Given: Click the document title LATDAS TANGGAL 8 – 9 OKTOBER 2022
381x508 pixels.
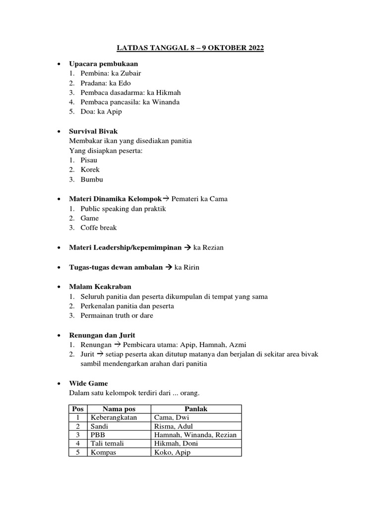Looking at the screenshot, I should click(x=190, y=48).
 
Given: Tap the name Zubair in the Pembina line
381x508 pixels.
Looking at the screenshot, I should click(x=136, y=73).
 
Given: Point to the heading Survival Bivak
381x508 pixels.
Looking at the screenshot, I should click(x=94, y=131).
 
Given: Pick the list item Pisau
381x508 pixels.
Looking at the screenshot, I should click(x=89, y=160).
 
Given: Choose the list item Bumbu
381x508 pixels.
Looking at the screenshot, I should click(x=92, y=179).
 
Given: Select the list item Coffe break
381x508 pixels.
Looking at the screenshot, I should click(x=99, y=228).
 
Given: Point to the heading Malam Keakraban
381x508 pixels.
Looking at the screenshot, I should click(x=101, y=287).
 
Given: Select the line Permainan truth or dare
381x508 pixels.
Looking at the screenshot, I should click(x=117, y=316).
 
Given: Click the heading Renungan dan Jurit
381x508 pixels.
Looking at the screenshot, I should click(x=102, y=335).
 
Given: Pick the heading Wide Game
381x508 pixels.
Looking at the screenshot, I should click(x=88, y=383).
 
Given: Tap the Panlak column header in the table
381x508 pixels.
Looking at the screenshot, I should click(x=196, y=409).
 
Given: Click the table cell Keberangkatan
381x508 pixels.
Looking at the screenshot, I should click(x=113, y=418).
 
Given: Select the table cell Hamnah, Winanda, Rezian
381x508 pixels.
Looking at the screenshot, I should click(x=195, y=435).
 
